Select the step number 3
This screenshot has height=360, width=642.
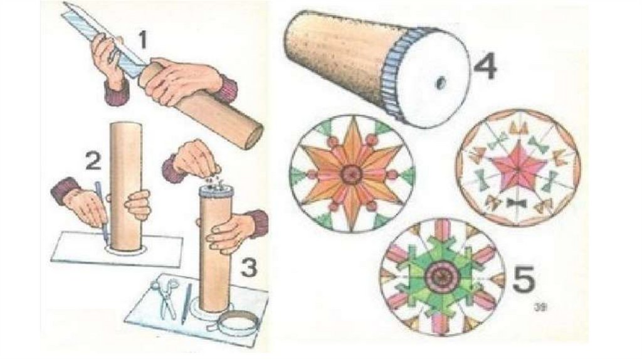(249, 268)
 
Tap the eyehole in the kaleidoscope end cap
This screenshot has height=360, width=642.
(440, 82)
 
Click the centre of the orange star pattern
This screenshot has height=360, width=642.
(351, 174)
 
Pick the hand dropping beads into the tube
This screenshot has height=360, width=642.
(194, 159)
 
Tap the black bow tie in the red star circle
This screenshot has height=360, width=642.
(516, 203)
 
